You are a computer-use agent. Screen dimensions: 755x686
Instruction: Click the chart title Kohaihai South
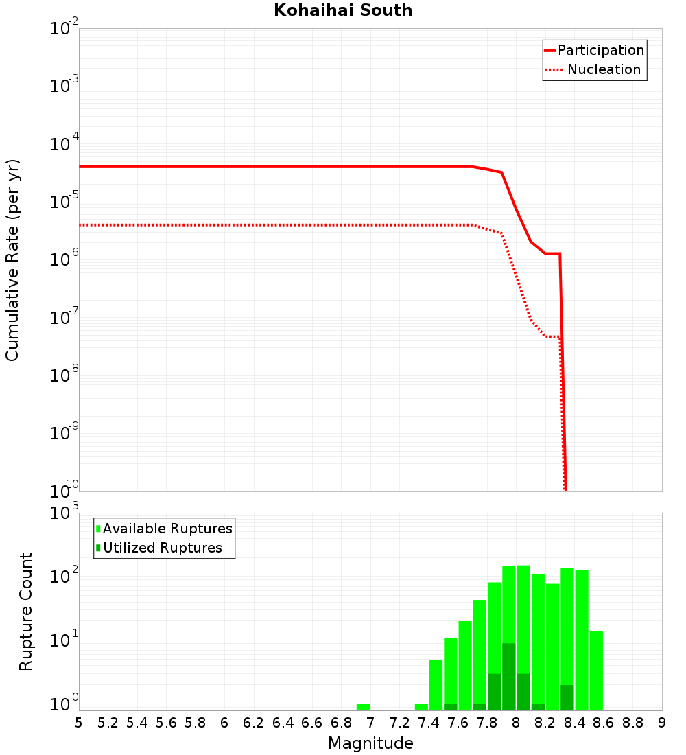click(x=343, y=10)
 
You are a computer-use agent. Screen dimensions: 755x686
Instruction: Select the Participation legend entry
click(x=600, y=50)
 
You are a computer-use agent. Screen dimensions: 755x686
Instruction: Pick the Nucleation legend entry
click(x=604, y=69)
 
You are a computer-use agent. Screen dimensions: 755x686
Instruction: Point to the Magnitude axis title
click(x=370, y=743)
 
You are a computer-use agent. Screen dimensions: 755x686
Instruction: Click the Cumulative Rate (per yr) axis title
click(x=12, y=259)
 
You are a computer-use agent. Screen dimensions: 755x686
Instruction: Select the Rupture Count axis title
click(x=26, y=611)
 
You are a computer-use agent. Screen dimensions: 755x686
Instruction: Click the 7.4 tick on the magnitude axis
click(x=429, y=723)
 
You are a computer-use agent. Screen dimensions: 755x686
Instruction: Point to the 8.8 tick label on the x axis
click(x=632, y=723)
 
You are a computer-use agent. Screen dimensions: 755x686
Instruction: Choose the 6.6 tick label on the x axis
click(x=312, y=723)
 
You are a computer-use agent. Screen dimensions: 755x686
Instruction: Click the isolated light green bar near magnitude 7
click(x=363, y=707)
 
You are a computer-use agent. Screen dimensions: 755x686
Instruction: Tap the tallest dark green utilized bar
click(x=509, y=677)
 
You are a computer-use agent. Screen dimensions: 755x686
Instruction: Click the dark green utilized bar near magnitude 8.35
click(x=567, y=697)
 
